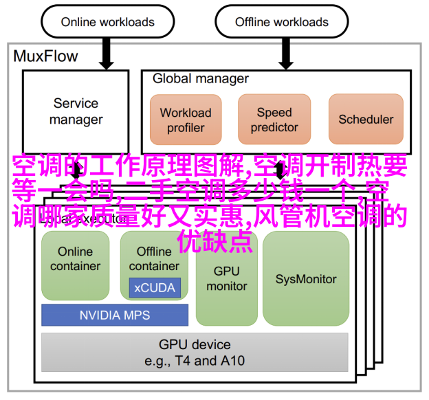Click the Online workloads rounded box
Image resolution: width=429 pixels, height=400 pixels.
point(107,22)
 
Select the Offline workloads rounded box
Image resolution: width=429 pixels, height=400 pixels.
point(281,22)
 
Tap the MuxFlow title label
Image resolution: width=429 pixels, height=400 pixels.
point(46,56)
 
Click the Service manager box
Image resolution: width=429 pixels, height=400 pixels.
point(76,111)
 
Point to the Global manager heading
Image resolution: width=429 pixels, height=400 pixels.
point(201,78)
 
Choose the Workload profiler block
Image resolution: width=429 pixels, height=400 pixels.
point(186,120)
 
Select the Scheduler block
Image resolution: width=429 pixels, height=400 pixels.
point(366,120)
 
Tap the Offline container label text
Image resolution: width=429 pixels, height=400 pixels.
point(154,258)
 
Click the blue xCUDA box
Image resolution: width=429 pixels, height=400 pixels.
point(154,288)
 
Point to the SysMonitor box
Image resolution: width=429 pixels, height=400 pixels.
point(306,278)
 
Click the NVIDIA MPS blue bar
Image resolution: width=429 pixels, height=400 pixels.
point(115,315)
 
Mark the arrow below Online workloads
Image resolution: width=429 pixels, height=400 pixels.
point(106,53)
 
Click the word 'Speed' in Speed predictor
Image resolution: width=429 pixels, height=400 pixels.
point(274,112)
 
